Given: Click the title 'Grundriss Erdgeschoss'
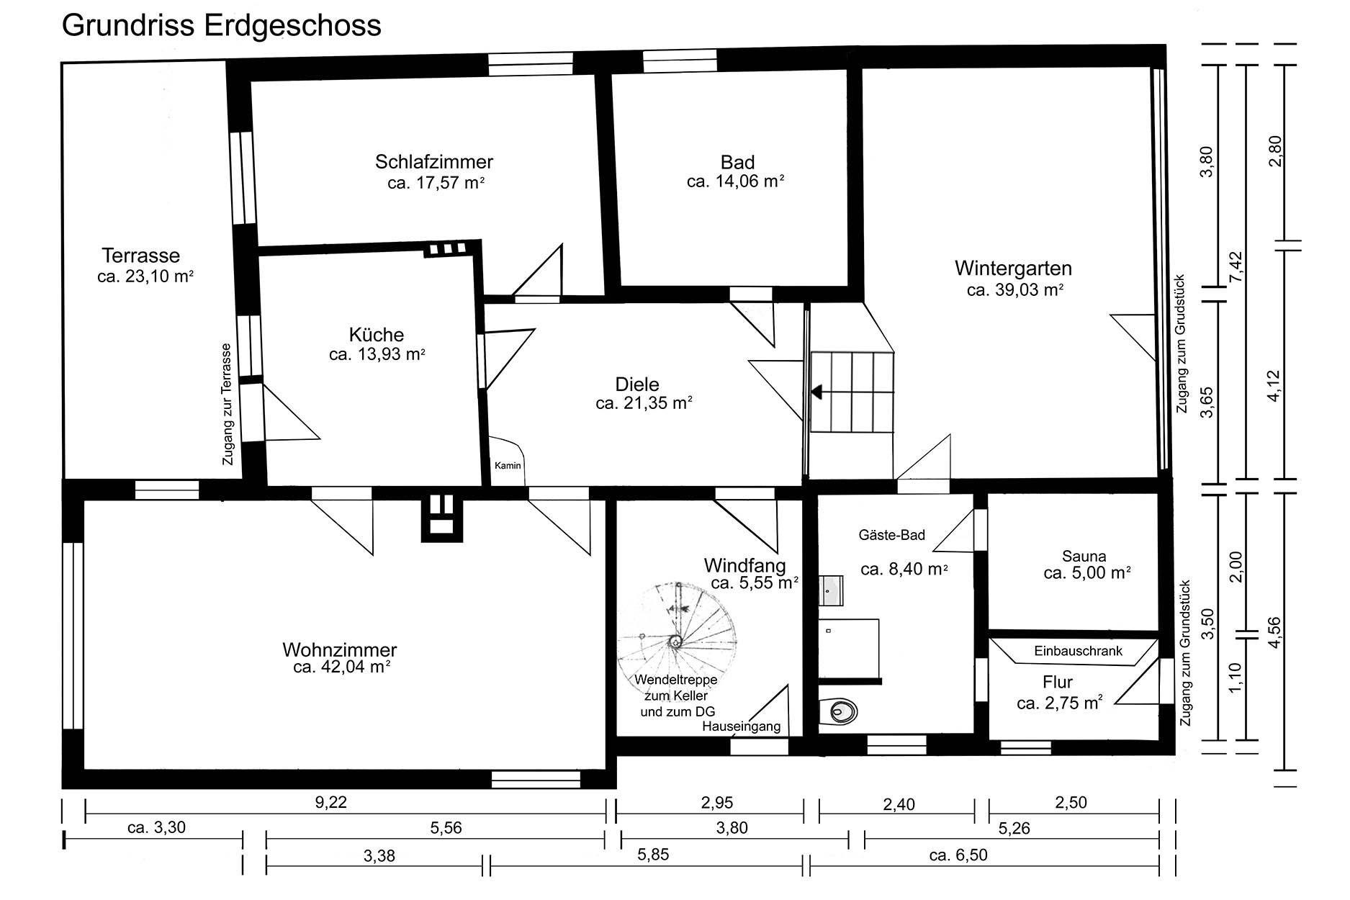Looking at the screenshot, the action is coord(222,26).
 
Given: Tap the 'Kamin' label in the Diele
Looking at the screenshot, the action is coord(508,466).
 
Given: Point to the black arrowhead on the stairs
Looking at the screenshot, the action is coord(816,392).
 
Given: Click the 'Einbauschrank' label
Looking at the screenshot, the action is coord(1078,651).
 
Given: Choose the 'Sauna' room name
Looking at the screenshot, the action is coord(1084,556).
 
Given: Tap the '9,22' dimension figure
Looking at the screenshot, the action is coord(331,802).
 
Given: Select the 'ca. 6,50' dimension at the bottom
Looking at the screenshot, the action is coord(958,855).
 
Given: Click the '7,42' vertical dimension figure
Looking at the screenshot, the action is coord(1236,266).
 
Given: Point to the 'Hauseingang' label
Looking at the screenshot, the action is coord(742,726).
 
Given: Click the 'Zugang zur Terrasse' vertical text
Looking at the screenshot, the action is coord(228,404).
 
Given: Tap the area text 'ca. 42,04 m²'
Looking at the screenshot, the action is coord(342,667).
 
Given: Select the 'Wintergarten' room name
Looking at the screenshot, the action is coord(1014,269).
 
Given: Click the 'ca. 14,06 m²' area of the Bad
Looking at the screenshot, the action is coord(735,181).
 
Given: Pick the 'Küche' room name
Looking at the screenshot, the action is coord(377,335).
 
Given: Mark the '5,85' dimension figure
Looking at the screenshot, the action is coord(653,855).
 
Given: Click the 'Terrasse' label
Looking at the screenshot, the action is coord(141,256).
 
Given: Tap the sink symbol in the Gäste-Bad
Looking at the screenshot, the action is coord(832,590).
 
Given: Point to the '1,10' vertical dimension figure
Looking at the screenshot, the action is coord(1236,678).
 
